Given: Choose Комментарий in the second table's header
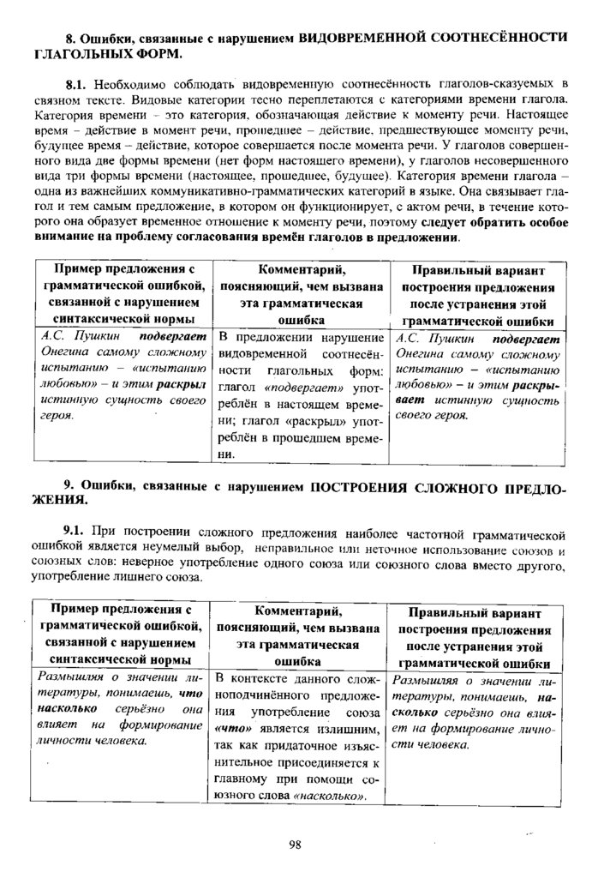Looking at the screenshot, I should click(299, 610).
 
